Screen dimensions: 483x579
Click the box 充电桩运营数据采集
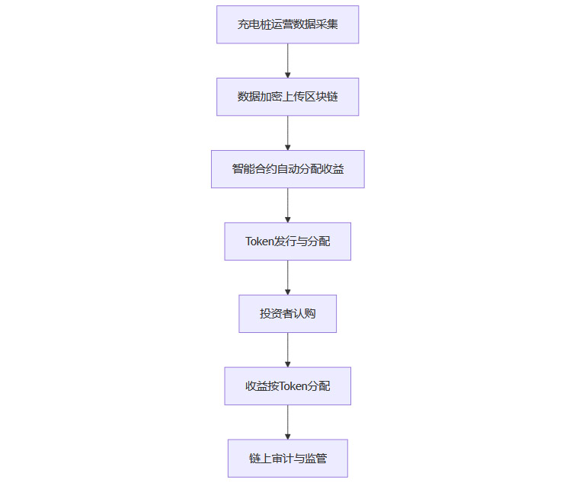[287, 24]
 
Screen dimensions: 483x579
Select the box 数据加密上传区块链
[287, 97]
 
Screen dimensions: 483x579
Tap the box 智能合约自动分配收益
[287, 169]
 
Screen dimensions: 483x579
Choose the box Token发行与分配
[287, 241]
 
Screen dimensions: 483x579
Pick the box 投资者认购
[287, 314]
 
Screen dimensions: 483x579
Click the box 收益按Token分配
[287, 386]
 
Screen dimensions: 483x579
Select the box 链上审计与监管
[287, 459]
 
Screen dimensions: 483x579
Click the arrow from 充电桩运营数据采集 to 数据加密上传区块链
[288, 60]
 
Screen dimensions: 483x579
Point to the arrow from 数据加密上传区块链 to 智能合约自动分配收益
[288, 133]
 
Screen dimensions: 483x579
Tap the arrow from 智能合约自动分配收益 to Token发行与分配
[288, 205]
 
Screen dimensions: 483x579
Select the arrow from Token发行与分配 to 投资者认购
[288, 277]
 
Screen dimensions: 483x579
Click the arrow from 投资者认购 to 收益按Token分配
[288, 350]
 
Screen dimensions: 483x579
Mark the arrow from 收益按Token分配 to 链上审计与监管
[288, 422]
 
